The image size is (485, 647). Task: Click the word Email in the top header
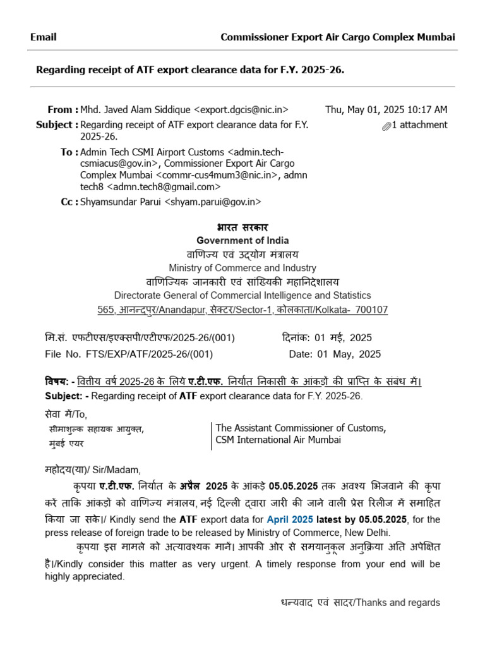coord(43,37)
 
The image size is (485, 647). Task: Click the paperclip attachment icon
coord(386,126)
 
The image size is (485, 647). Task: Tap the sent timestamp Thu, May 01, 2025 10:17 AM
coord(386,109)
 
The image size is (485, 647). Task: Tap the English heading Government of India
coord(242,240)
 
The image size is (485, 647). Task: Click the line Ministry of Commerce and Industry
coord(242,268)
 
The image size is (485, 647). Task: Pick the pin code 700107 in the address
coord(372,310)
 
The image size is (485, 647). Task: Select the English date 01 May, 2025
coord(349,354)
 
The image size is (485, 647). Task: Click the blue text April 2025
coord(290,519)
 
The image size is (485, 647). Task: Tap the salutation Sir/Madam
coord(117,469)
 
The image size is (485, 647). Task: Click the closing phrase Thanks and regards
coord(398,602)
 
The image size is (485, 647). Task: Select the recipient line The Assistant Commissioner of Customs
coord(301,428)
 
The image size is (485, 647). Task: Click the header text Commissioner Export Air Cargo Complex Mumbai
coord(337,37)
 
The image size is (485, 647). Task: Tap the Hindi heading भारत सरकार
coord(242,227)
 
